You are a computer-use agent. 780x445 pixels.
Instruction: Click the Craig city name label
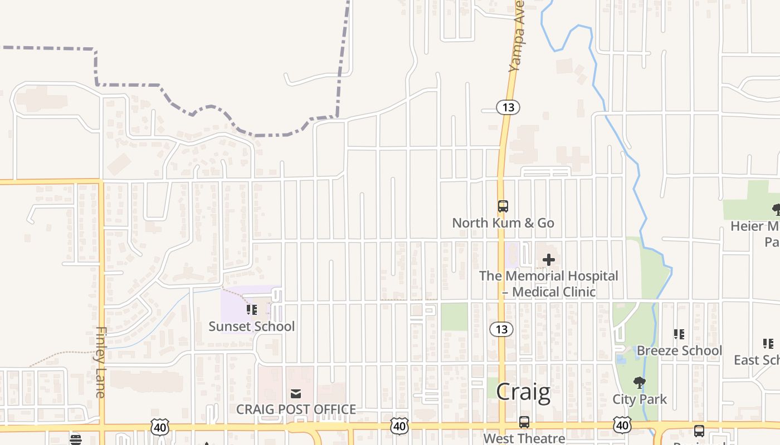point(523,392)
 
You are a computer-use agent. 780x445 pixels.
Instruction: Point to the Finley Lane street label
point(100,362)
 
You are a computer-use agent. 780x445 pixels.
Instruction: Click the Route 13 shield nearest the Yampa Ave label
point(508,107)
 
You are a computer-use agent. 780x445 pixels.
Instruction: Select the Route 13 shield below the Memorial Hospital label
point(501,329)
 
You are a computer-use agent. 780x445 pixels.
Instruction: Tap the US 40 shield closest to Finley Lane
point(159,427)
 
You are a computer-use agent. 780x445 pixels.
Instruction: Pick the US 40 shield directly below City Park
point(622,426)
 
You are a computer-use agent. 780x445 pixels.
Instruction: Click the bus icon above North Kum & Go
point(503,206)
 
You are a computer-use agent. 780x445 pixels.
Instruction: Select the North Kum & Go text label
point(503,223)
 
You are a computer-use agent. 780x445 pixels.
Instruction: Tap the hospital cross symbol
point(548,259)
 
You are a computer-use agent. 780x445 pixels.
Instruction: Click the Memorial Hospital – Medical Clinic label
point(549,284)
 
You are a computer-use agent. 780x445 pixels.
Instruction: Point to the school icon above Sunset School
point(251,309)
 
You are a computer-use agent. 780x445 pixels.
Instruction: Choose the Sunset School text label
point(251,327)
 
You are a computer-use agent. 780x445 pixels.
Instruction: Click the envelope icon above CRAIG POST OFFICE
point(296,394)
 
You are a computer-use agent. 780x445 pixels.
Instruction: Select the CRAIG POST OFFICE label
point(296,409)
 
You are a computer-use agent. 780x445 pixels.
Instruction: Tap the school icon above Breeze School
point(679,334)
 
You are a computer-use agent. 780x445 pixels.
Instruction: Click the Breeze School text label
point(679,350)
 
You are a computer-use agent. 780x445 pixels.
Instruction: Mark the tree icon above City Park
point(639,383)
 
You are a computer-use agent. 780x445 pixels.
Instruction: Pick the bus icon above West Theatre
point(524,422)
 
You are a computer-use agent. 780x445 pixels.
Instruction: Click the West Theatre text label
point(524,438)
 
